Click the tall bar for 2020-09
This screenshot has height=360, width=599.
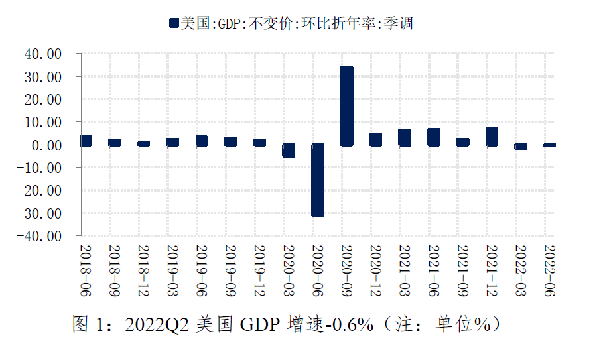tap(346, 105)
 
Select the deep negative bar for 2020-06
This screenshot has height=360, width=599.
tap(318, 180)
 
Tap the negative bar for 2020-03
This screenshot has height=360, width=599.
tap(289, 150)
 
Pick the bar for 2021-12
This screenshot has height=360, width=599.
tap(492, 136)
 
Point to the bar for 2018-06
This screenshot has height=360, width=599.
tap(86, 140)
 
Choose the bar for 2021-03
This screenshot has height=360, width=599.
tap(405, 137)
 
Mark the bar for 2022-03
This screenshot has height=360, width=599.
tap(521, 147)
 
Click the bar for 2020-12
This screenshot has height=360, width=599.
tap(375, 139)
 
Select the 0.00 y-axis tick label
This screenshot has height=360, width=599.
tap(46, 145)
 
